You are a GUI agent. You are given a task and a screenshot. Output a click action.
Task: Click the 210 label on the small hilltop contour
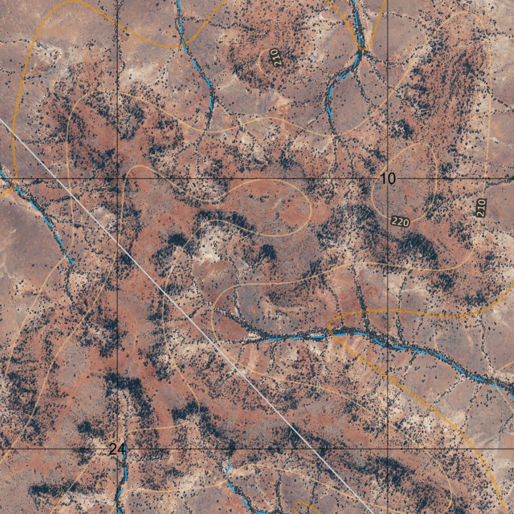[x=274, y=58]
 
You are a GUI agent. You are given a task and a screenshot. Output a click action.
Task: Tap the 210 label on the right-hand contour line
[x=481, y=208]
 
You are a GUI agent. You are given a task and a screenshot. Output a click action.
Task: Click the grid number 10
[x=388, y=178]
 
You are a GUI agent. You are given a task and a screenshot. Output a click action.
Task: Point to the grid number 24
[x=117, y=449]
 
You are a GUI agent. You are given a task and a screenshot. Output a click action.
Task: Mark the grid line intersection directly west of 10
[x=117, y=178]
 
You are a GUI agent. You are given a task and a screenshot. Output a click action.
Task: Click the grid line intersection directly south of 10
[x=388, y=448]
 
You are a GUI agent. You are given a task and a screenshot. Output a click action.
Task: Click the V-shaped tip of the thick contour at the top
[x=361, y=49]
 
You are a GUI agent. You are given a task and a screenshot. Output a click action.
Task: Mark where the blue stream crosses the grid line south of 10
[x=388, y=342]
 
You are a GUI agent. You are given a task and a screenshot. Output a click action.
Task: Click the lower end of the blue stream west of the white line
[x=72, y=263]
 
